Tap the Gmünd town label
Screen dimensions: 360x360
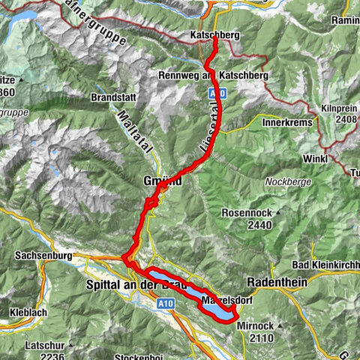click(160, 181)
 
